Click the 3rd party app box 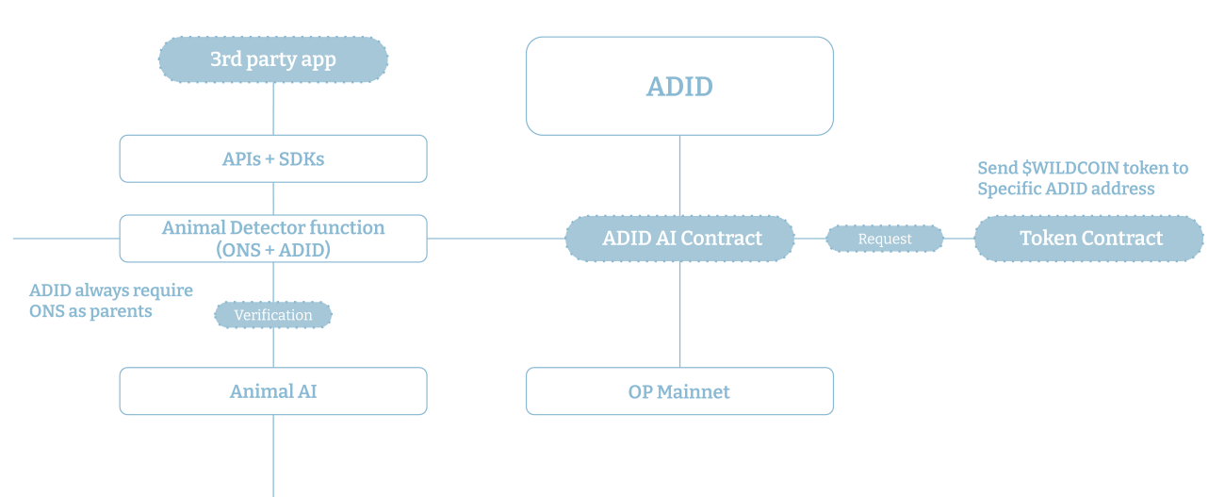click(x=272, y=59)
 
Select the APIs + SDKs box click(x=272, y=158)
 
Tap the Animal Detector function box click(x=272, y=238)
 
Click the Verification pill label click(x=273, y=315)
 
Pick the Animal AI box click(x=272, y=390)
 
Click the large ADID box click(x=679, y=86)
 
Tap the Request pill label click(x=885, y=239)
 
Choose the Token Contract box click(x=1089, y=239)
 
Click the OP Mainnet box click(x=679, y=390)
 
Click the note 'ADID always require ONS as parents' click(x=110, y=301)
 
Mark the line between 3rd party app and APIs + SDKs click(x=273, y=108)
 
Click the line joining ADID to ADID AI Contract click(x=680, y=175)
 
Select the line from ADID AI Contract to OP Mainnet click(x=680, y=315)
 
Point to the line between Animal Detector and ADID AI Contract click(x=496, y=239)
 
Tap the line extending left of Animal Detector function click(x=66, y=239)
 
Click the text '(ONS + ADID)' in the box click(x=272, y=250)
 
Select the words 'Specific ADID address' click(x=1065, y=189)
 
